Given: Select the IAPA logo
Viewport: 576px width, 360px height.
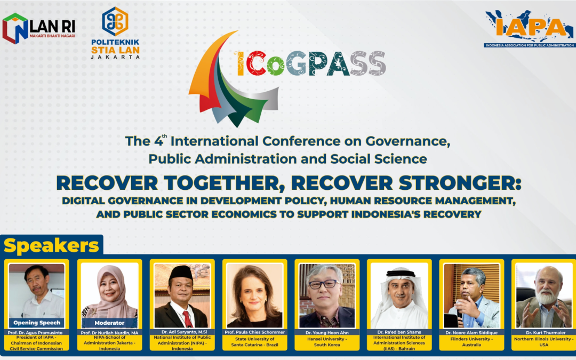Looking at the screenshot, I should [x=530, y=28].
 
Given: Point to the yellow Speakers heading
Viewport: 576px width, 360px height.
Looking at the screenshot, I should [x=52, y=246].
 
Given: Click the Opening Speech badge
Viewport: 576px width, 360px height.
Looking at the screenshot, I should [x=37, y=323].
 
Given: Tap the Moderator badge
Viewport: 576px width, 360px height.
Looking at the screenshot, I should [x=109, y=323].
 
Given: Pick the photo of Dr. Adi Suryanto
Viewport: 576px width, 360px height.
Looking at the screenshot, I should [x=182, y=294].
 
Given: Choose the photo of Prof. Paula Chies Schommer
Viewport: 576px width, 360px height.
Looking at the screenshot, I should [x=254, y=294].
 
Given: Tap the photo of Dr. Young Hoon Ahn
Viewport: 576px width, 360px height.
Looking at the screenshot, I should [x=327, y=294].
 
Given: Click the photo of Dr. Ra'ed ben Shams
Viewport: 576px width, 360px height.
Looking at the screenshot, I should [x=399, y=294].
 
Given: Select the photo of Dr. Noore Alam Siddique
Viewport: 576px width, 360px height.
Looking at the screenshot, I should [x=472, y=294].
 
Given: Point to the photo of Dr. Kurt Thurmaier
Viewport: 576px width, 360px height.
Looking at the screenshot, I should [x=544, y=294].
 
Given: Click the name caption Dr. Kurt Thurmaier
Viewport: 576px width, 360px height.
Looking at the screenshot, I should [x=544, y=332].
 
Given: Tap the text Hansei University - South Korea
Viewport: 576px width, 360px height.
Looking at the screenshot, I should [x=327, y=342].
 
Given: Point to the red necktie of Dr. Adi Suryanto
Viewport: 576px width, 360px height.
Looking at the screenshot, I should [x=187, y=318].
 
